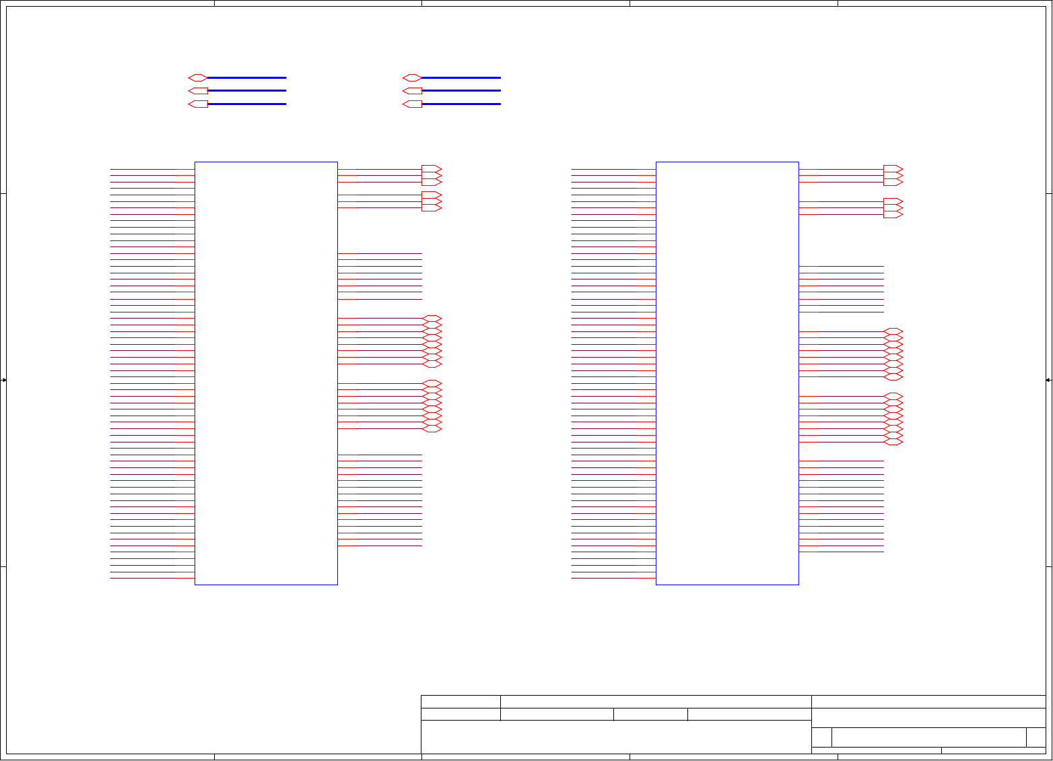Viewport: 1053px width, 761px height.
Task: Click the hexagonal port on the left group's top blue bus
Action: tap(197, 78)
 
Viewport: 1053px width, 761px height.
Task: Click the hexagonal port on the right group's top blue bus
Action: tap(411, 78)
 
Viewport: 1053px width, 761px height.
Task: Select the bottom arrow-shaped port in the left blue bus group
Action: tap(198, 104)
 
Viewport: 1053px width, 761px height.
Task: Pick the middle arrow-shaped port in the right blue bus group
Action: tap(412, 91)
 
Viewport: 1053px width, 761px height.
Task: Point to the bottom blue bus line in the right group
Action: tap(461, 104)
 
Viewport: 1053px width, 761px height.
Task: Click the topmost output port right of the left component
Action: tap(432, 169)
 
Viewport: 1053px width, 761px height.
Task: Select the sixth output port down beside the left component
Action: tap(432, 208)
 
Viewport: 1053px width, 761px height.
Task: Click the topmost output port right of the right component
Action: tap(893, 169)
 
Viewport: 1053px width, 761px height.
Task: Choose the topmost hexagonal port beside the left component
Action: tap(432, 319)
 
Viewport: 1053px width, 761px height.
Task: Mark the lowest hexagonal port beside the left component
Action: tap(432, 429)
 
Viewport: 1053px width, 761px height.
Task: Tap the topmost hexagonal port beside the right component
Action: tap(893, 331)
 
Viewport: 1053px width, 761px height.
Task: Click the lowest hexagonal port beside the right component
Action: tap(893, 442)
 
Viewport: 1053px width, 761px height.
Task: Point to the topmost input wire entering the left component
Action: tap(152, 169)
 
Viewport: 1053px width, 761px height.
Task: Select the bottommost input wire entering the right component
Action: tap(613, 578)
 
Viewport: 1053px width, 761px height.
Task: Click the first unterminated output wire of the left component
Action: tap(380, 254)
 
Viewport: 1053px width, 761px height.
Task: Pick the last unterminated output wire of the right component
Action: tap(841, 552)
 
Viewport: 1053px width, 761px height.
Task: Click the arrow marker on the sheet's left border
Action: tap(3, 380)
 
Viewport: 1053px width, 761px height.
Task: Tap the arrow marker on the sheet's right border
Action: tap(1049, 380)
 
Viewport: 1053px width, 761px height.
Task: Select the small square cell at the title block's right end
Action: tap(1035, 737)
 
